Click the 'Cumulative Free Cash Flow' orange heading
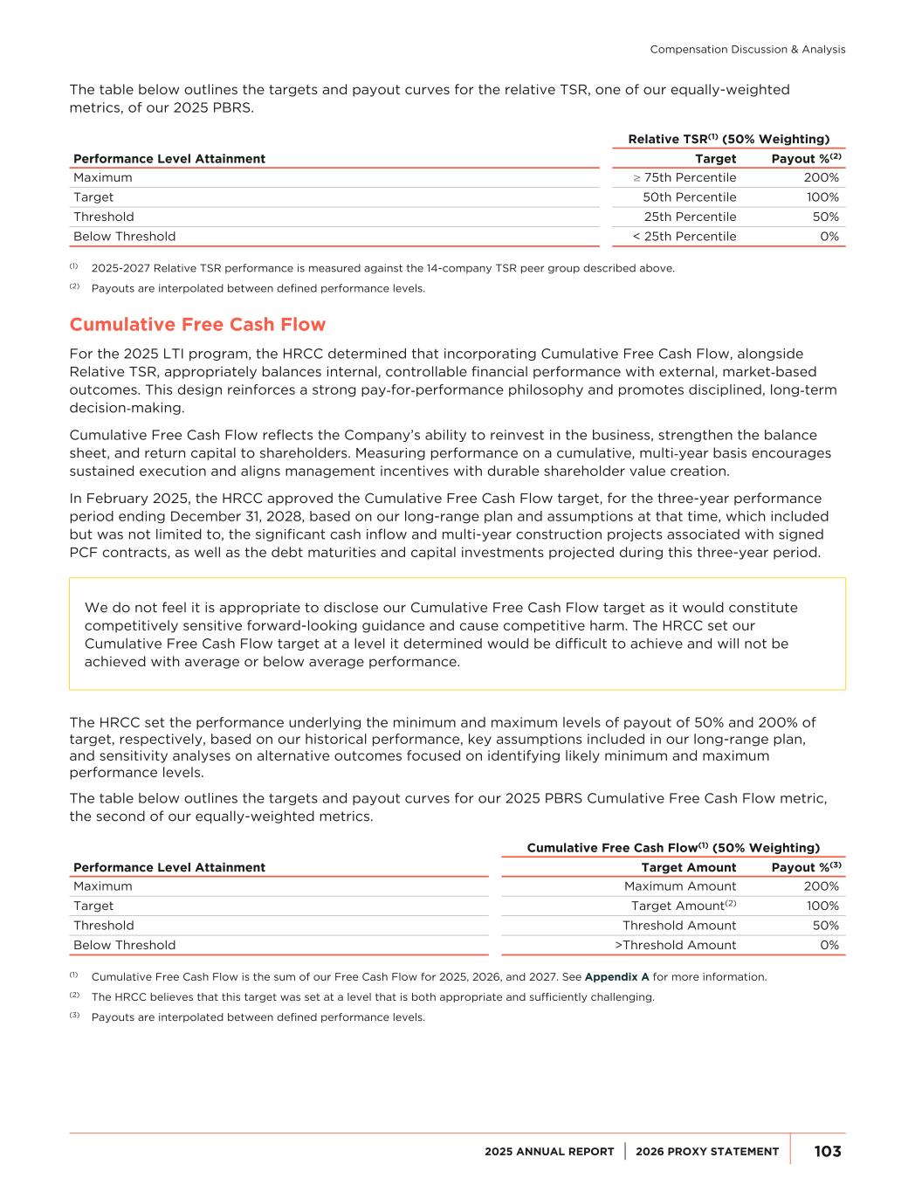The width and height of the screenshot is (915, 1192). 197,325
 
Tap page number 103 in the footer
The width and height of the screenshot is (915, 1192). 827,1151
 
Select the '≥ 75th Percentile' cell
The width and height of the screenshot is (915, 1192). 685,177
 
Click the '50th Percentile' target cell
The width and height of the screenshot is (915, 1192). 689,197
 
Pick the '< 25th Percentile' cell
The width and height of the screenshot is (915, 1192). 684,237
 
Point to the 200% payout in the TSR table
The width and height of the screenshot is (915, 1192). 821,177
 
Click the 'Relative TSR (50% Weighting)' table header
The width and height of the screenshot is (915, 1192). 728,139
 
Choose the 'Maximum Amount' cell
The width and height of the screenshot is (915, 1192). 679,886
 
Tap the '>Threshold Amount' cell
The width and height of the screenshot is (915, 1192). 675,945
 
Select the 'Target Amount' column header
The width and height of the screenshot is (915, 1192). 688,867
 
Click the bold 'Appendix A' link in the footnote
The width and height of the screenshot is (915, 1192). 616,977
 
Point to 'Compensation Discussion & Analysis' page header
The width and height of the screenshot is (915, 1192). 747,50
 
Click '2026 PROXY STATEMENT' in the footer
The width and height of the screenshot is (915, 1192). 707,1152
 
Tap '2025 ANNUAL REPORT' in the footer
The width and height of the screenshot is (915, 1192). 549,1152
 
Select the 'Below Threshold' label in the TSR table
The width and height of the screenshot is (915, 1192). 124,237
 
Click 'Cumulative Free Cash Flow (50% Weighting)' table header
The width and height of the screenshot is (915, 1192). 673,848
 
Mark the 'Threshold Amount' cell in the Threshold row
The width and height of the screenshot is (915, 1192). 678,926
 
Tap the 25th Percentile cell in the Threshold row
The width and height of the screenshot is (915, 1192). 690,217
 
